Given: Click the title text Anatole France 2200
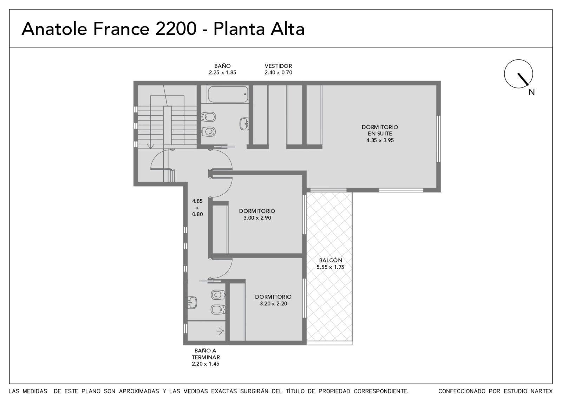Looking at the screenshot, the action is [109, 28].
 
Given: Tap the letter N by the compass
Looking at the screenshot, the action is [532, 92].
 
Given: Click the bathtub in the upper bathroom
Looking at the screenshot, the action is [228, 94].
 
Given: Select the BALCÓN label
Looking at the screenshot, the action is [331, 260].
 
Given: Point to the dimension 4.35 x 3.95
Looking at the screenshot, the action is [380, 140].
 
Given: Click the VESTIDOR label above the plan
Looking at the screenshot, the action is [278, 66].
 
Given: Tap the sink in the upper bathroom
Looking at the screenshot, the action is [244, 124].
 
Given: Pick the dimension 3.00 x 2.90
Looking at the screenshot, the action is [257, 218].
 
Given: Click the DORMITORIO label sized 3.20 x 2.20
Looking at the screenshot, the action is [273, 297].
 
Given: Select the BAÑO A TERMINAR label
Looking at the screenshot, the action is [206, 354].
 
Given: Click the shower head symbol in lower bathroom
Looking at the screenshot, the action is [221, 331].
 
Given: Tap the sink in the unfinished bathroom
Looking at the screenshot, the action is [192, 302].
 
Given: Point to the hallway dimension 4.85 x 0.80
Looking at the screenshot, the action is [197, 208].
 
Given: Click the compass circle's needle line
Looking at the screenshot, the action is [523, 79].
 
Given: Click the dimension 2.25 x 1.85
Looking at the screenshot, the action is [223, 72].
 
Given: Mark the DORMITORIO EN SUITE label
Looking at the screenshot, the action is [380, 130].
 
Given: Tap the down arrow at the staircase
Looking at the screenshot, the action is [150, 146].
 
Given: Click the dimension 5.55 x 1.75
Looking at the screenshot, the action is [330, 267].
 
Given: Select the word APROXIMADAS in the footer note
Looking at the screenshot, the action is [139, 391].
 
